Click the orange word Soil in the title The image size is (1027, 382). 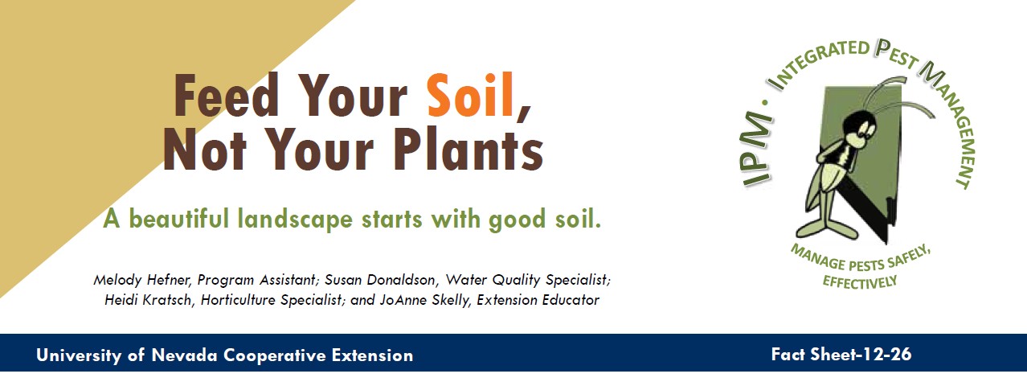[x=471, y=96]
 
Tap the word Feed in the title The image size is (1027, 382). [x=226, y=95]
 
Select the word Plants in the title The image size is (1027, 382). [x=468, y=149]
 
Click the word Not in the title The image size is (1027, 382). [x=205, y=149]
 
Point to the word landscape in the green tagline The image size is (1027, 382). [x=295, y=220]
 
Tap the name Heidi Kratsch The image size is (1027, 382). [x=146, y=299]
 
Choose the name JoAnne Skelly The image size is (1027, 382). [x=425, y=300]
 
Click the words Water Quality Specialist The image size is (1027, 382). [x=528, y=280]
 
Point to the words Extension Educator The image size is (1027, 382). [x=538, y=300]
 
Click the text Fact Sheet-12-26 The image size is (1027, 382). [x=841, y=355]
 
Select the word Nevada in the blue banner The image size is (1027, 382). [x=184, y=355]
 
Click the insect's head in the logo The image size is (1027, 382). [x=859, y=126]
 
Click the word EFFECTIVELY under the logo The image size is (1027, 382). [x=860, y=281]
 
